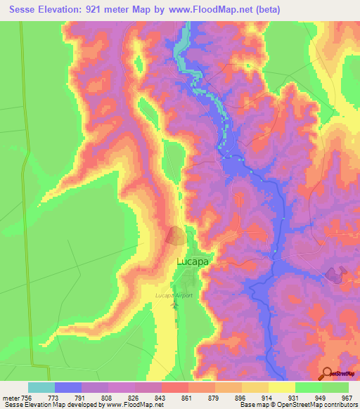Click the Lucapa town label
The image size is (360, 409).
click(x=193, y=261)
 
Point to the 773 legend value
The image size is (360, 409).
click(x=54, y=398)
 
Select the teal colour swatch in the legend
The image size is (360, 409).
click(x=41, y=387)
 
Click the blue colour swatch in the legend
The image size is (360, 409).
click(x=68, y=387)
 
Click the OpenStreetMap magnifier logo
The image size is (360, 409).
click(x=328, y=374)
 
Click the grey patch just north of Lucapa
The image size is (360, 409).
click(x=176, y=236)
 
